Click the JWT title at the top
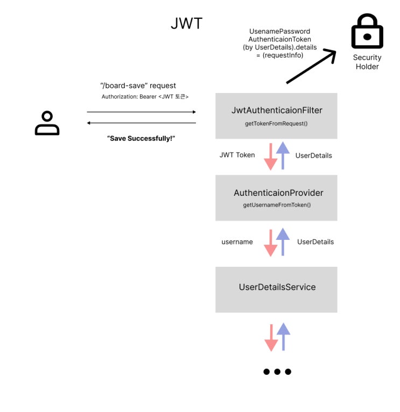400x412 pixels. click(x=186, y=23)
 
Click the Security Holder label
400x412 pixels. click(x=367, y=62)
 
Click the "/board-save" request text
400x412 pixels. click(x=138, y=86)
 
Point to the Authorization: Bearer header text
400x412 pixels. click(x=145, y=97)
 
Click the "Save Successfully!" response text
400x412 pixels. click(x=141, y=138)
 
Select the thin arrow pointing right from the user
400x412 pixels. click(x=141, y=112)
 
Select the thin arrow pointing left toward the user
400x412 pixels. click(x=141, y=123)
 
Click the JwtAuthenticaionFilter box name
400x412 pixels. click(x=277, y=110)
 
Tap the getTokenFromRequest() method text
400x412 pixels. click(x=276, y=124)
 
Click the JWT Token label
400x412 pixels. click(x=237, y=155)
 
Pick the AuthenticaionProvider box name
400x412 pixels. click(x=278, y=193)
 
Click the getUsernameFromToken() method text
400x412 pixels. click(x=277, y=205)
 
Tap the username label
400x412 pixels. click(x=237, y=241)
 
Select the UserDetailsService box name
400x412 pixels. click(x=277, y=287)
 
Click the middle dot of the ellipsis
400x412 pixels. click(x=277, y=372)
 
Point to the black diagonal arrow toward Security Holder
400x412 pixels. click(x=311, y=67)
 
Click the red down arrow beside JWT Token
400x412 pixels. click(x=271, y=157)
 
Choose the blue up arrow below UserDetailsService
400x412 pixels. click(x=283, y=337)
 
